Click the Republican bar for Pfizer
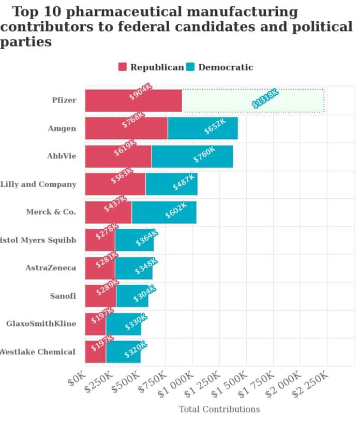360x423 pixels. [x=133, y=100]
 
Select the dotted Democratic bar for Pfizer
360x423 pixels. [x=253, y=100]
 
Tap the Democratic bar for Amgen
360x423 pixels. [x=203, y=128]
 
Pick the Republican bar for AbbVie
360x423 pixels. [x=118, y=156]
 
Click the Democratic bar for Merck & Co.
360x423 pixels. [x=164, y=212]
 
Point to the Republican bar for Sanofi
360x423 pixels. [x=100, y=296]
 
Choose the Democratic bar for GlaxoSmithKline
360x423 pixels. [x=124, y=324]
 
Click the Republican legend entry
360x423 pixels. [x=151, y=67]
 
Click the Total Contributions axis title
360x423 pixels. [x=219, y=410]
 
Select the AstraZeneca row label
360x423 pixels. [x=51, y=268]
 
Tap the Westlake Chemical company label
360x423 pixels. [x=37, y=352]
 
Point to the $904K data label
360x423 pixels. [x=141, y=92]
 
